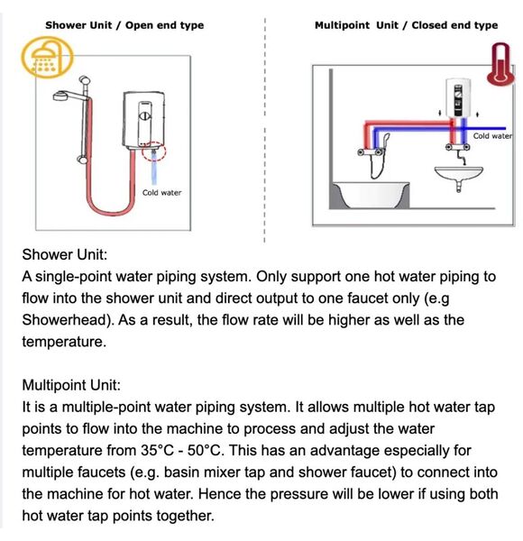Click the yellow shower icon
48,58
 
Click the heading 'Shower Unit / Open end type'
124,25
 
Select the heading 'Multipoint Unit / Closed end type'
406,25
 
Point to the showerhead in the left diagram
62,96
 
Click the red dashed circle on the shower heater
154,151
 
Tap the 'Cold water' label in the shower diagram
161,193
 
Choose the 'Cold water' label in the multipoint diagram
492,136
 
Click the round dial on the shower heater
145,116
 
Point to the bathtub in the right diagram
371,195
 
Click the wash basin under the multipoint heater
458,176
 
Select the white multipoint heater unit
458,97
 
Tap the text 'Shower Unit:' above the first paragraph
65,254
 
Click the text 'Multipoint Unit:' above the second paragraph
71,385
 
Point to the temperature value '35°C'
157,450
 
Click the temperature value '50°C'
204,450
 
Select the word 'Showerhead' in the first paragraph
68,320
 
